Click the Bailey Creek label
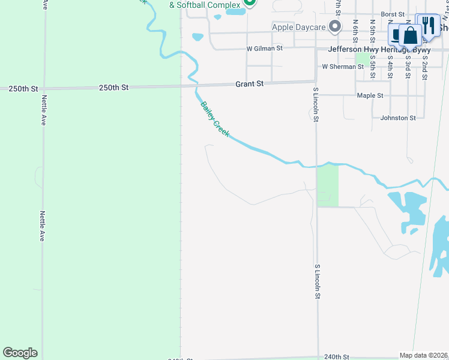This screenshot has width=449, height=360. coord(214,118)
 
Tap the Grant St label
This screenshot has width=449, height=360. coord(250,85)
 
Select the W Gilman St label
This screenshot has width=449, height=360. coord(264,48)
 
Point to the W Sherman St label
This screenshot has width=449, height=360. coord(343,67)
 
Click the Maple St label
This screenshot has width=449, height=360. coord(370,95)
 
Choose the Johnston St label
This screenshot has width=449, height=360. coord(398,118)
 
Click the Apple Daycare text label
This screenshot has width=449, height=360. coord(298,27)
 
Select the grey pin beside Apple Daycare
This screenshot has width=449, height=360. coord(335,26)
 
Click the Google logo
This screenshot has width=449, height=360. coord(20,353)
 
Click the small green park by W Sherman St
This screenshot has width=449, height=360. coord(362,58)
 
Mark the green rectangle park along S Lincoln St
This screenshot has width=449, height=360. coord(328,186)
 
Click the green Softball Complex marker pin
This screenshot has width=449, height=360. coord(250,2)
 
